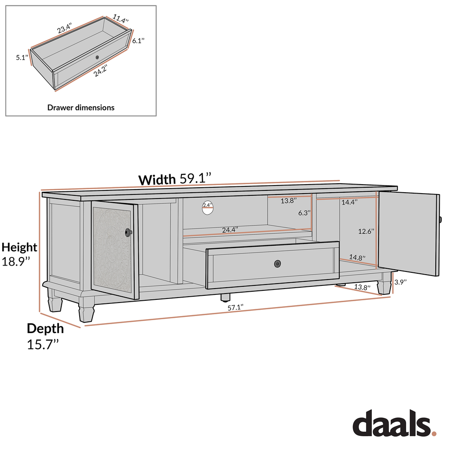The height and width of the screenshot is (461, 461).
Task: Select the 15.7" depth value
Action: click(x=43, y=345)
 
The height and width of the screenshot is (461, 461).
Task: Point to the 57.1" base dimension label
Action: click(x=235, y=307)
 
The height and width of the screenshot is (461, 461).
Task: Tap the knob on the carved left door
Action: click(x=129, y=232)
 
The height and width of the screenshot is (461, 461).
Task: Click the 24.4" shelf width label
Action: click(x=230, y=230)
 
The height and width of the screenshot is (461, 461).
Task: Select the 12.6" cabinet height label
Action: click(x=366, y=231)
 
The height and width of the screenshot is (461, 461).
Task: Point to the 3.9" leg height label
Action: click(x=400, y=282)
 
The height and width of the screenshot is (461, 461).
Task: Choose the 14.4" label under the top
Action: click(x=349, y=203)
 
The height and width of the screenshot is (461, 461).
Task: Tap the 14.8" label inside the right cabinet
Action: click(x=357, y=258)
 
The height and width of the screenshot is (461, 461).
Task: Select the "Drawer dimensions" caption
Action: click(x=81, y=108)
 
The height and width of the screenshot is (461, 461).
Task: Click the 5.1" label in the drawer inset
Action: click(x=22, y=58)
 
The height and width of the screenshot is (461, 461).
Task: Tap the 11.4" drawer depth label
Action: click(x=121, y=20)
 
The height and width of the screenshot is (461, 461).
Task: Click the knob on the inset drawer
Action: click(x=98, y=58)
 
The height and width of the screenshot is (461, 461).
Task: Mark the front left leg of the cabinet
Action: click(x=86, y=310)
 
